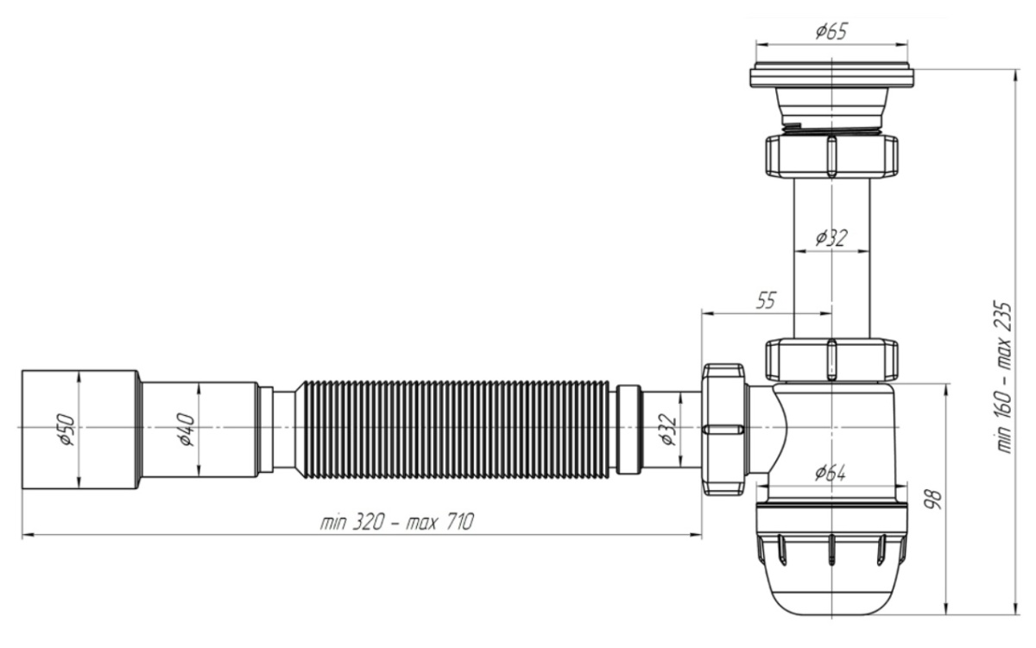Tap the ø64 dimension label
pyautogui.click(x=830, y=473)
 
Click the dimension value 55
pyautogui.click(x=765, y=300)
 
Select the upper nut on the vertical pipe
pyautogui.click(x=830, y=155)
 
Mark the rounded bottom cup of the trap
pyautogui.click(x=830, y=587)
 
